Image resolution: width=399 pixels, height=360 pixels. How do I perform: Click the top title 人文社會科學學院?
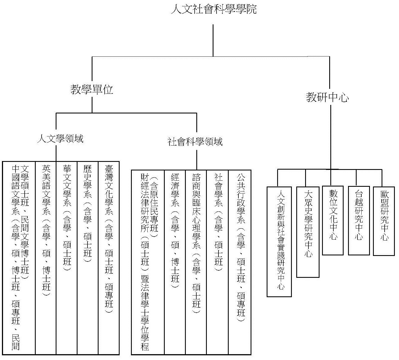point(214,9)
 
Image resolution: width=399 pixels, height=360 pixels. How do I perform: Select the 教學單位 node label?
point(92,89)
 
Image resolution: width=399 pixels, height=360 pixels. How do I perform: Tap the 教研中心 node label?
point(327,97)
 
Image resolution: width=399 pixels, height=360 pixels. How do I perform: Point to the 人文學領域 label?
point(60,139)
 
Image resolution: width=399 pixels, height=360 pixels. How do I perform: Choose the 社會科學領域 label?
point(195,142)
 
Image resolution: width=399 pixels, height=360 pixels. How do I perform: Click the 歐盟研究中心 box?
point(384,221)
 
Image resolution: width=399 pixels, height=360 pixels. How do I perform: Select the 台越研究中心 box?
point(359,221)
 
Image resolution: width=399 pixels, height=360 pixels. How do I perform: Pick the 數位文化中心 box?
point(333,220)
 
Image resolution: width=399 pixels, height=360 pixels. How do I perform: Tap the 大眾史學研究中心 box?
point(308,232)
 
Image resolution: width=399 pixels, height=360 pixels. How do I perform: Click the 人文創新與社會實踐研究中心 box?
point(279,242)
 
